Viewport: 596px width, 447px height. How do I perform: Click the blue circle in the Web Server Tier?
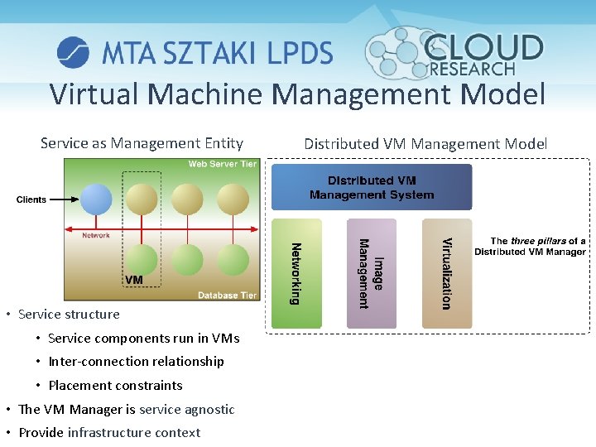(x=95, y=199)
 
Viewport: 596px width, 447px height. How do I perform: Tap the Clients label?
(x=31, y=199)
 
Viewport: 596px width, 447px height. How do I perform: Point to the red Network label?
(x=96, y=236)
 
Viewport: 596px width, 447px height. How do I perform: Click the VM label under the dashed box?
(x=134, y=281)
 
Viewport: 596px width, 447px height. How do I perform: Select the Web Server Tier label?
(x=222, y=164)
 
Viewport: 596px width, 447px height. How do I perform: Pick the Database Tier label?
(x=227, y=296)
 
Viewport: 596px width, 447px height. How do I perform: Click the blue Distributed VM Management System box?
(x=372, y=187)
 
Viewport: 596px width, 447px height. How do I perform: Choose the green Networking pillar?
(x=296, y=273)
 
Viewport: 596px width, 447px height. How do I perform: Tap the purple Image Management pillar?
(x=371, y=273)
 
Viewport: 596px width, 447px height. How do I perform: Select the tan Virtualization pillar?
(x=446, y=273)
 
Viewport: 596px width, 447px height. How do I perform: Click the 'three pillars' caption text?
(x=530, y=246)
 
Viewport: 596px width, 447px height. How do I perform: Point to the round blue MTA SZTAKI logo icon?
(x=73, y=52)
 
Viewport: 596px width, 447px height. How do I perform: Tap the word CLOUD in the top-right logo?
(x=484, y=48)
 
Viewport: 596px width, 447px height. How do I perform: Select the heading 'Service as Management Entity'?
(x=142, y=143)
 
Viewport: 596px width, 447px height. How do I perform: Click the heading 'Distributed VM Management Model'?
(x=425, y=143)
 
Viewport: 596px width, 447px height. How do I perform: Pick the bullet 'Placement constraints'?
(x=115, y=385)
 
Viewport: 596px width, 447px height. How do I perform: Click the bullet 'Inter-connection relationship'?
(x=136, y=361)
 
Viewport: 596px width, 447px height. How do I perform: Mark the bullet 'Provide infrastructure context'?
(x=109, y=432)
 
